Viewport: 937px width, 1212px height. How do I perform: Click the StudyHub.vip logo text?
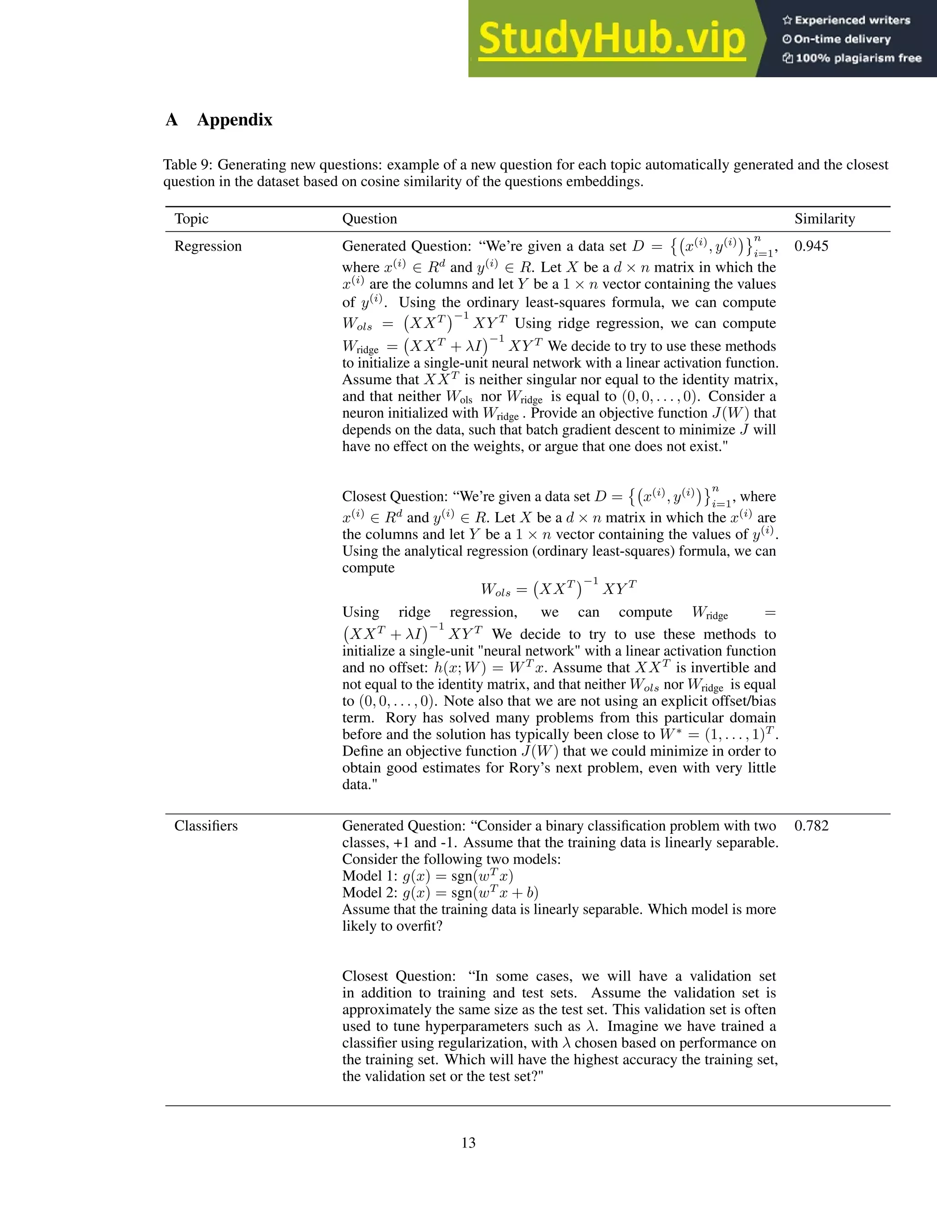click(612, 39)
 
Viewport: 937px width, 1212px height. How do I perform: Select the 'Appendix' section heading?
click(234, 120)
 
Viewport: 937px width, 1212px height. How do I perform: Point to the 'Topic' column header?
click(192, 219)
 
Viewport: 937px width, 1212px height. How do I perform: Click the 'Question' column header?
click(370, 219)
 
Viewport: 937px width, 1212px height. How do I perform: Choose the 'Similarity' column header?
click(824, 219)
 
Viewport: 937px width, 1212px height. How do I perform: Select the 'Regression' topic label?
click(208, 247)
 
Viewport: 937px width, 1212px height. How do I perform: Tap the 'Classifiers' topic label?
click(206, 826)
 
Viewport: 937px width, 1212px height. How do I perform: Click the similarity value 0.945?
click(811, 247)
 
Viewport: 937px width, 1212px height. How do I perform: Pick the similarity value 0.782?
click(811, 826)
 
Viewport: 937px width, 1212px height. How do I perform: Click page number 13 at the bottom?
click(468, 1142)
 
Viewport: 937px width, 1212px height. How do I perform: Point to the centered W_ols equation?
click(559, 588)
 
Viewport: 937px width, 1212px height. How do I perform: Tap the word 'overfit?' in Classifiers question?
click(417, 926)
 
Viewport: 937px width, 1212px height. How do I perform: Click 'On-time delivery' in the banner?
click(841, 39)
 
